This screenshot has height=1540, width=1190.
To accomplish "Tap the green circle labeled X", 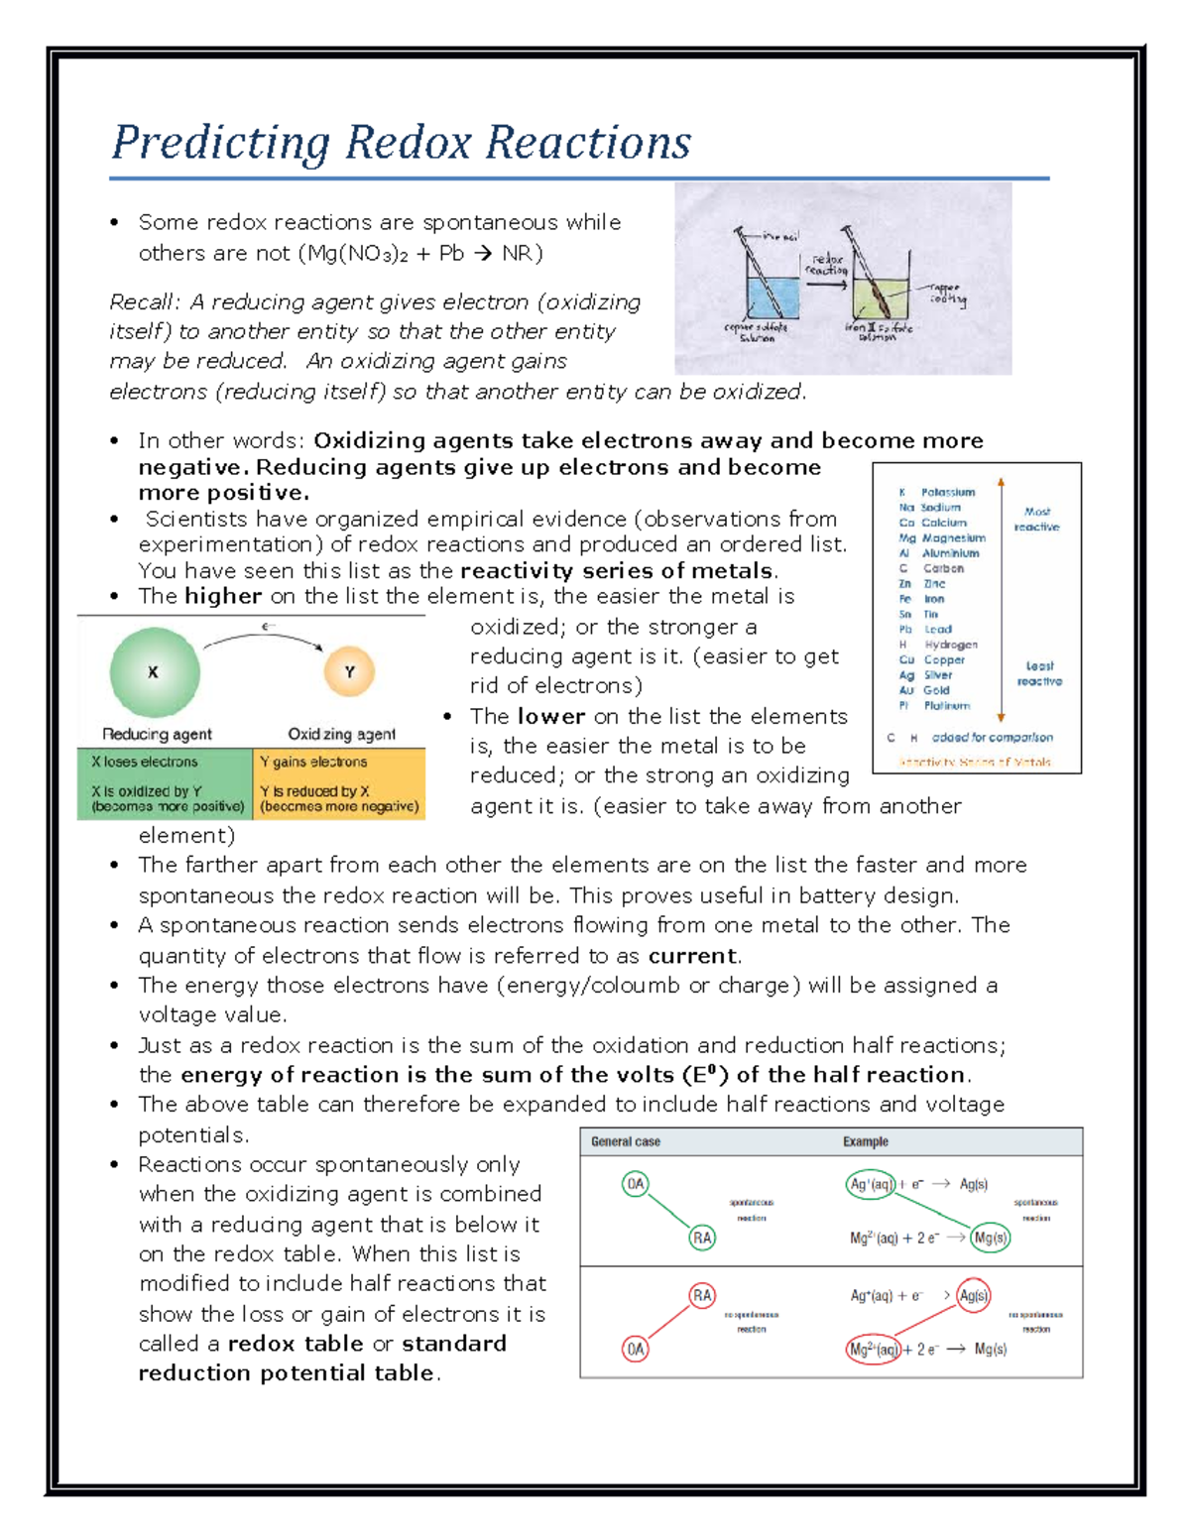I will pyautogui.click(x=154, y=672).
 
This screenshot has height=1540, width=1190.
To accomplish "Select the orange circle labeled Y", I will pyautogui.click(x=349, y=672).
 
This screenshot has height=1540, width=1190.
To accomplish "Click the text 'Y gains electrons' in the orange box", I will pyautogui.click(x=313, y=762).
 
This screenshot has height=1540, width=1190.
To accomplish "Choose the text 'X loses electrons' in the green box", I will pyautogui.click(x=145, y=762).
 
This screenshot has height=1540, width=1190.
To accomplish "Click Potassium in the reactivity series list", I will pyautogui.click(x=948, y=492).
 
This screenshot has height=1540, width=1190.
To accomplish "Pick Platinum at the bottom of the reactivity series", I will pyautogui.click(x=947, y=705).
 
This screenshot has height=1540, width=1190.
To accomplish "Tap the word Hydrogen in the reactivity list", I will pyautogui.click(x=951, y=645).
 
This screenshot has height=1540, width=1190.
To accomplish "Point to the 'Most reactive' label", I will pyautogui.click(x=1036, y=519).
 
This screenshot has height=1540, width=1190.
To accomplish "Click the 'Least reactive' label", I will pyautogui.click(x=1039, y=673).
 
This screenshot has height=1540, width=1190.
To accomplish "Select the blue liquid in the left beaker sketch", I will pyautogui.click(x=773, y=298).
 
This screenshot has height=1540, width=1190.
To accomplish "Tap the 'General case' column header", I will pyautogui.click(x=626, y=1141).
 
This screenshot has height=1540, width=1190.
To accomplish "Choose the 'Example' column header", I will pyautogui.click(x=866, y=1141).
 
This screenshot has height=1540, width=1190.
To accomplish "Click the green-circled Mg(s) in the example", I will pyautogui.click(x=991, y=1238).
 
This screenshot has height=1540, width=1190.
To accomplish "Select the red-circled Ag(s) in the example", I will pyautogui.click(x=974, y=1295).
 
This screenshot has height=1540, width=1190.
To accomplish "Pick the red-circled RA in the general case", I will pyautogui.click(x=702, y=1295).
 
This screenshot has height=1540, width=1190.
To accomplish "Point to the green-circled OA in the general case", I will pyautogui.click(x=636, y=1183).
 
